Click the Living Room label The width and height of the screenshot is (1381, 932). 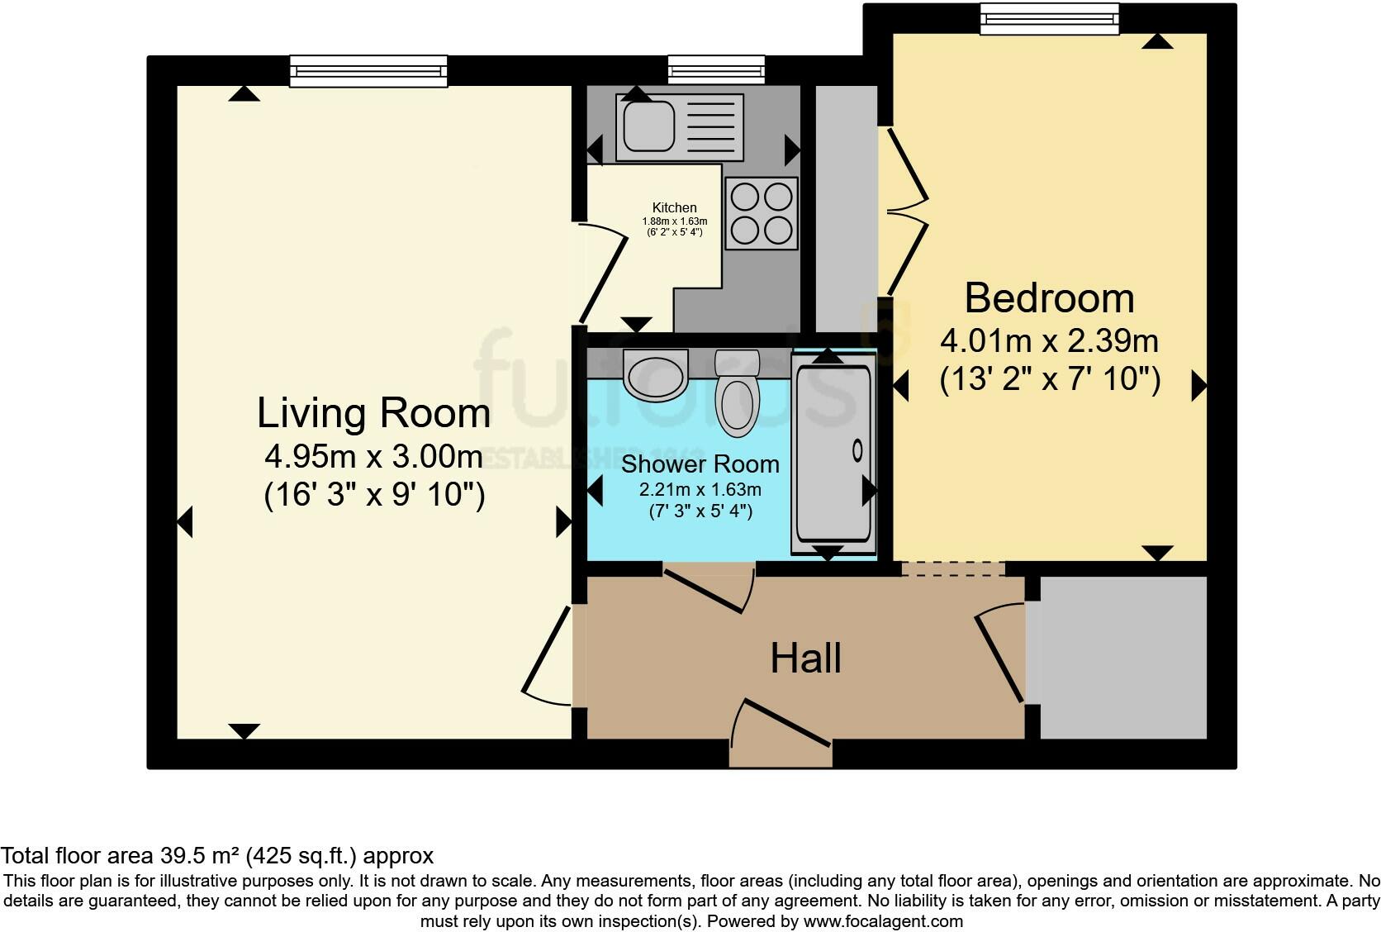click(373, 413)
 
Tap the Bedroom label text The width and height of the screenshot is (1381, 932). click(1049, 298)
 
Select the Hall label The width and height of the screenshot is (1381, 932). click(805, 659)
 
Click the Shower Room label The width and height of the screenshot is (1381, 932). click(700, 464)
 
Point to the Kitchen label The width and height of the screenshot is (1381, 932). click(674, 207)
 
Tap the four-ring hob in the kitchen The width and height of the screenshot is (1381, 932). click(762, 213)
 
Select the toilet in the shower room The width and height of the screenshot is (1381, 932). click(738, 395)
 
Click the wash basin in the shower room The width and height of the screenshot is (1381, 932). click(655, 373)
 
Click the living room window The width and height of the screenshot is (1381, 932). click(368, 71)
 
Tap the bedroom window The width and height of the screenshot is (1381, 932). click(1049, 19)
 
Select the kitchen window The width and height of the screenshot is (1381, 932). click(716, 70)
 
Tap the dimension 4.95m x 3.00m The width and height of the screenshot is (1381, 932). click(373, 455)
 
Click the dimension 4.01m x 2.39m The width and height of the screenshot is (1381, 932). click(1049, 340)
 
